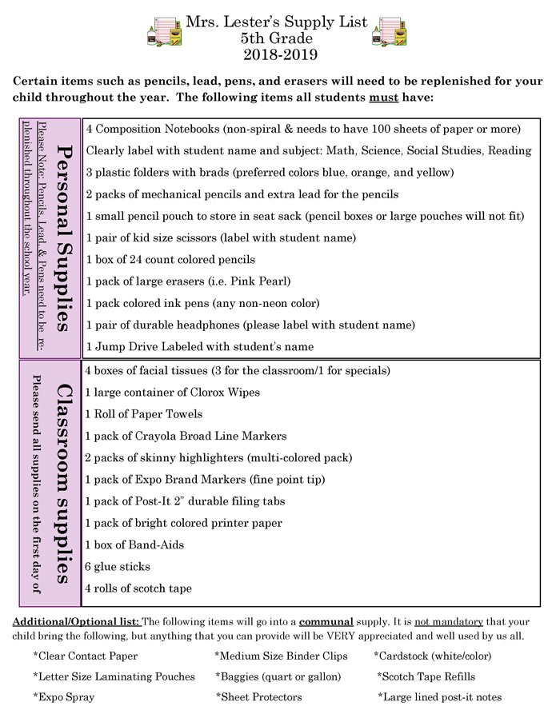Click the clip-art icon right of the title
point(391,31)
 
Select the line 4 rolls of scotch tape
point(138,588)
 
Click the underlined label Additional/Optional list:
point(76,622)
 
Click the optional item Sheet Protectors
point(261,697)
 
